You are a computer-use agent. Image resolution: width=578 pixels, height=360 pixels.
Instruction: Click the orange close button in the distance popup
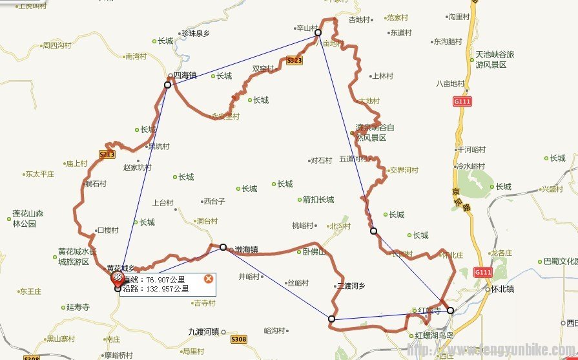[208, 279]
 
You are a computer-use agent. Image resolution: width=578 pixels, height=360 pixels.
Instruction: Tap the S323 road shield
[294, 60]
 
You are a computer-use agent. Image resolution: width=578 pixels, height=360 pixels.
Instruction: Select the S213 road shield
[107, 154]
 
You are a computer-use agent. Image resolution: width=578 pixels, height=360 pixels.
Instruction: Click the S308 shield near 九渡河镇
[238, 339]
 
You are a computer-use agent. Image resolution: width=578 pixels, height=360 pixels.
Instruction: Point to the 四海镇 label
[185, 75]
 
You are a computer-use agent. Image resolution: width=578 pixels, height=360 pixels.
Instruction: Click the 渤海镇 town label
[246, 249]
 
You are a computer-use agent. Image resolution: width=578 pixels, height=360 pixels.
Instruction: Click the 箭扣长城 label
[318, 200]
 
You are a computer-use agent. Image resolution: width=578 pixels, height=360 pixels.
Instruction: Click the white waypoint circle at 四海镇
[167, 85]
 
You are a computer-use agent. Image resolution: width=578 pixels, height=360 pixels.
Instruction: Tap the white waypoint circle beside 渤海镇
[223, 247]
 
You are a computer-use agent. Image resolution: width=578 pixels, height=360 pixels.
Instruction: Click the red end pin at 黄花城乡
[118, 278]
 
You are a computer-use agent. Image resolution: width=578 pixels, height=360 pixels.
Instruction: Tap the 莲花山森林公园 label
[28, 218]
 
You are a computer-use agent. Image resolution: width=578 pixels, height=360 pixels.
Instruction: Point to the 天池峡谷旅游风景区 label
[495, 59]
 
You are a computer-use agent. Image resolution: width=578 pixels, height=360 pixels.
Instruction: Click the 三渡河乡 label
[351, 285]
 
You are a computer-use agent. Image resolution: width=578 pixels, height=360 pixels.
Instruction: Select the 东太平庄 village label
[39, 174]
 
